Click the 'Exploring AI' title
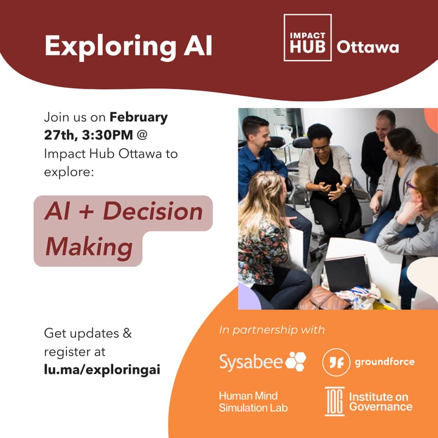click(128, 46)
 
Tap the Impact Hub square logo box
click(307, 38)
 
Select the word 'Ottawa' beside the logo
click(367, 47)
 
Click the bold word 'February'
click(139, 117)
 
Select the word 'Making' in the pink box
click(89, 247)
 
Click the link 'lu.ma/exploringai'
click(102, 370)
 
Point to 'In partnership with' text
click(272, 330)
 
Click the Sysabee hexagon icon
click(296, 361)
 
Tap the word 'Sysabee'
click(251, 362)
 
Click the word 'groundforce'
click(384, 362)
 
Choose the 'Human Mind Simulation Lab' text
click(253, 402)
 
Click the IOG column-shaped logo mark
click(334, 401)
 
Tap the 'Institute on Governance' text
click(381, 402)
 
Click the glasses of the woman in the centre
click(321, 147)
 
